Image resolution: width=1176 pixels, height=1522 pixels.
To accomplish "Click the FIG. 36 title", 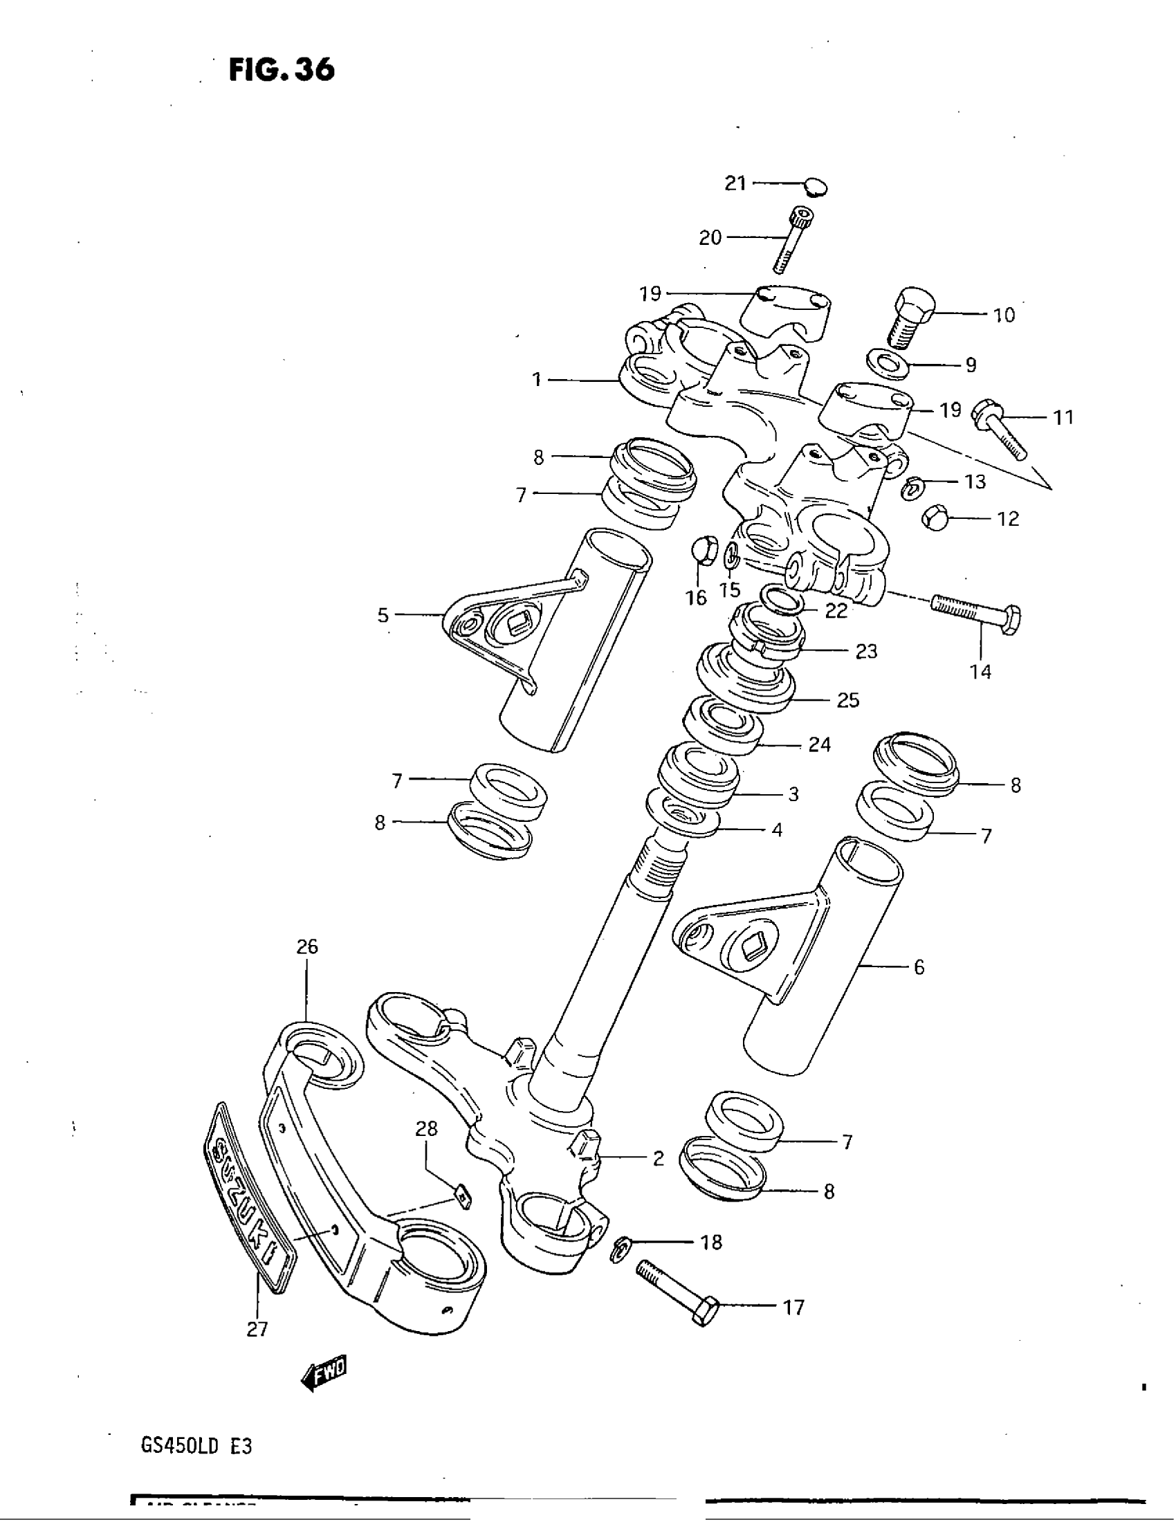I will pyautogui.click(x=282, y=70).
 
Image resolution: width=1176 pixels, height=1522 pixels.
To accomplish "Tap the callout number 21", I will pyautogui.click(x=735, y=183).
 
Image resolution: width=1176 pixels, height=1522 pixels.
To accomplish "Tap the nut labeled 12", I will pyautogui.click(x=935, y=518).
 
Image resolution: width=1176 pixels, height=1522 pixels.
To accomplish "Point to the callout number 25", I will pyautogui.click(x=848, y=699).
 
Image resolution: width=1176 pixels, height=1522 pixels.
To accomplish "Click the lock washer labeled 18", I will pyautogui.click(x=621, y=1247).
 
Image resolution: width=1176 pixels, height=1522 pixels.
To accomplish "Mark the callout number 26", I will pyautogui.click(x=307, y=946).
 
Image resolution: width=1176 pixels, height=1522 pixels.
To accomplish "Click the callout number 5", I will pyautogui.click(x=383, y=614).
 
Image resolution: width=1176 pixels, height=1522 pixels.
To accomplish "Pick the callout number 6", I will pyautogui.click(x=918, y=966).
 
